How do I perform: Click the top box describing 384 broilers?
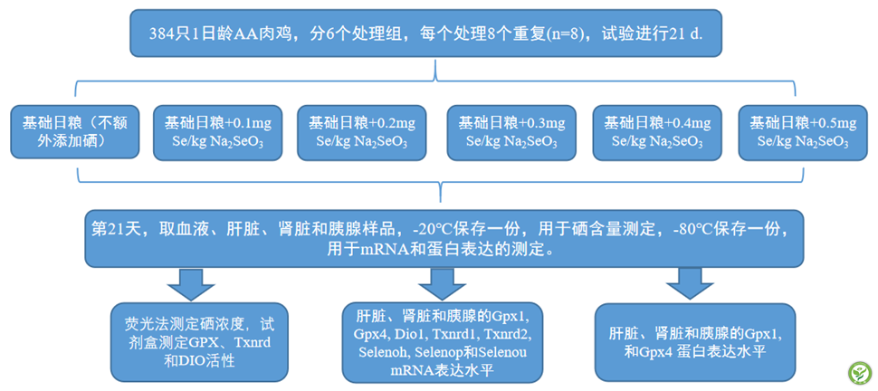pyautogui.click(x=425, y=33)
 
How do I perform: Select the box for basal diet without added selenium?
pyautogui.click(x=75, y=131)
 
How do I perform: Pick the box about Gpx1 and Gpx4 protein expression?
pyautogui.click(x=695, y=342)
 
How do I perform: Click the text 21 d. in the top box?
pyautogui.click(x=685, y=33)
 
